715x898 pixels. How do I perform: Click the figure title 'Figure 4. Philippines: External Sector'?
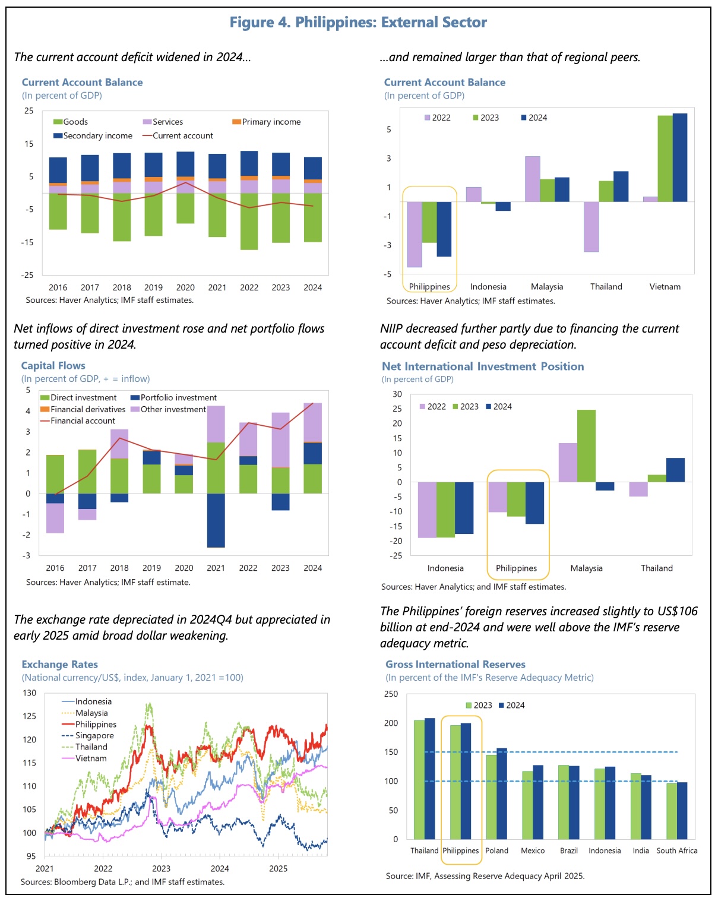point(358,23)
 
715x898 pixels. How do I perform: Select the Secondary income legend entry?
point(97,135)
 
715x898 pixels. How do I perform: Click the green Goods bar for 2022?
point(249,221)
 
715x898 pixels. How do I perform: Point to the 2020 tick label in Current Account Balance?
point(185,287)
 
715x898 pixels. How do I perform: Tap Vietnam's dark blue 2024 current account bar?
point(679,157)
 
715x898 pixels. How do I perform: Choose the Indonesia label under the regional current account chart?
point(488,287)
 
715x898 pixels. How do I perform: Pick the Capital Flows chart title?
point(53,366)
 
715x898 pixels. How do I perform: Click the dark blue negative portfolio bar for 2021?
point(216,520)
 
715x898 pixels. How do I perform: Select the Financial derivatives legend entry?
point(88,409)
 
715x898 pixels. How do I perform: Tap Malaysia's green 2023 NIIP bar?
point(586,445)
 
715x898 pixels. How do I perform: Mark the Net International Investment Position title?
point(483,366)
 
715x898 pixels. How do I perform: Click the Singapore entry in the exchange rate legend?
point(94,735)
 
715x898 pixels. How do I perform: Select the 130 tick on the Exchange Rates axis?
point(30,693)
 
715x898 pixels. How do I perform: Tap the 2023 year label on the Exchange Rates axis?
point(161,868)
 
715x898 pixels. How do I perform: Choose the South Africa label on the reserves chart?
point(677,850)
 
